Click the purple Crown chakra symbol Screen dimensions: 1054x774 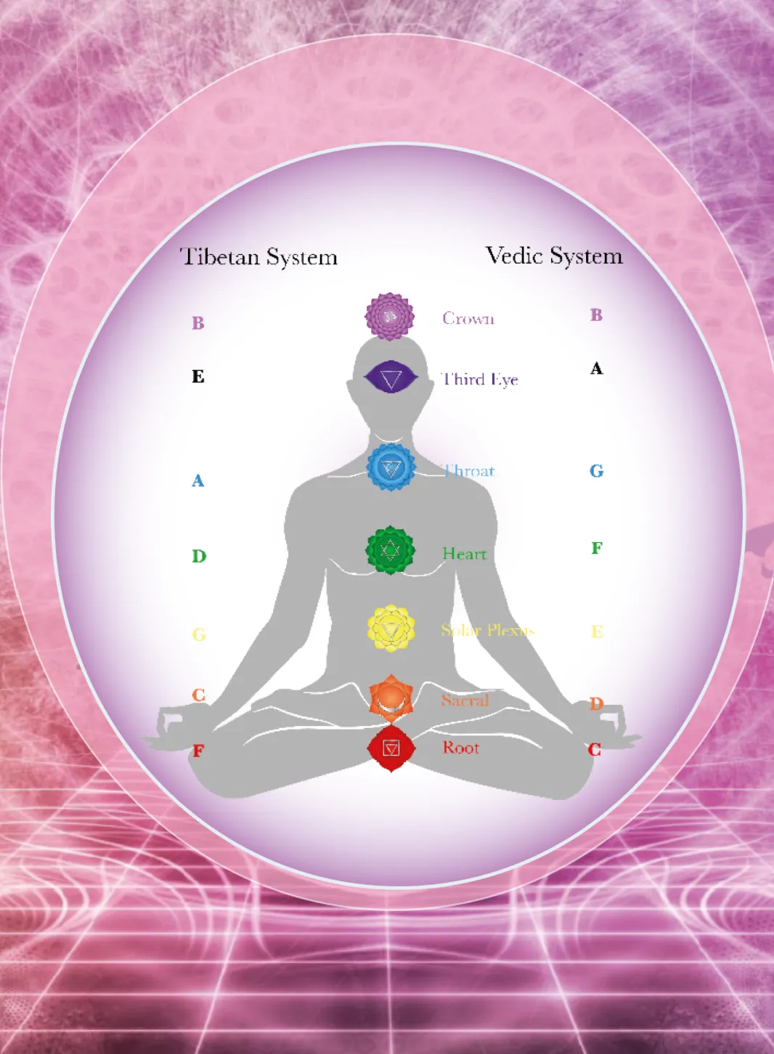tap(390, 316)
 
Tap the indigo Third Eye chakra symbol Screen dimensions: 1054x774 tap(391, 377)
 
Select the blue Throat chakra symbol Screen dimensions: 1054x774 tap(391, 467)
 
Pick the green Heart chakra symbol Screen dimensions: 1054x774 tap(391, 550)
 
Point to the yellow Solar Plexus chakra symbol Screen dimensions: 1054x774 tap(391, 629)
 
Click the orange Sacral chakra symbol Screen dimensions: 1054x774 tap(391, 698)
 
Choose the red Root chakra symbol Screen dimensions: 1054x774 tap(391, 748)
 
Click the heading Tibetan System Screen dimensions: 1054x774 tap(259, 257)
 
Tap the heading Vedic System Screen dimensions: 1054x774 tap(554, 256)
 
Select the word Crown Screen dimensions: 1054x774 tap(468, 319)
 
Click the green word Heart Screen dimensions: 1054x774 tap(464, 554)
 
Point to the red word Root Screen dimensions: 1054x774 tap(461, 748)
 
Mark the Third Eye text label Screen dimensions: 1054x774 tap(480, 379)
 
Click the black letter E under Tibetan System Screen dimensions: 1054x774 tap(198, 377)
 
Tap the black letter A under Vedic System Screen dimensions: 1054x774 tap(596, 369)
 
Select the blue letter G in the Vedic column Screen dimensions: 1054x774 tap(596, 471)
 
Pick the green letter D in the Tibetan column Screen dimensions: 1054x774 tap(199, 556)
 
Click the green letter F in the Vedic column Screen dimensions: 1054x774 tap(597, 548)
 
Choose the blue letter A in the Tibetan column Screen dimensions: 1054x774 tap(197, 481)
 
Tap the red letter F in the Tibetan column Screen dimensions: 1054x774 tap(198, 751)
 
